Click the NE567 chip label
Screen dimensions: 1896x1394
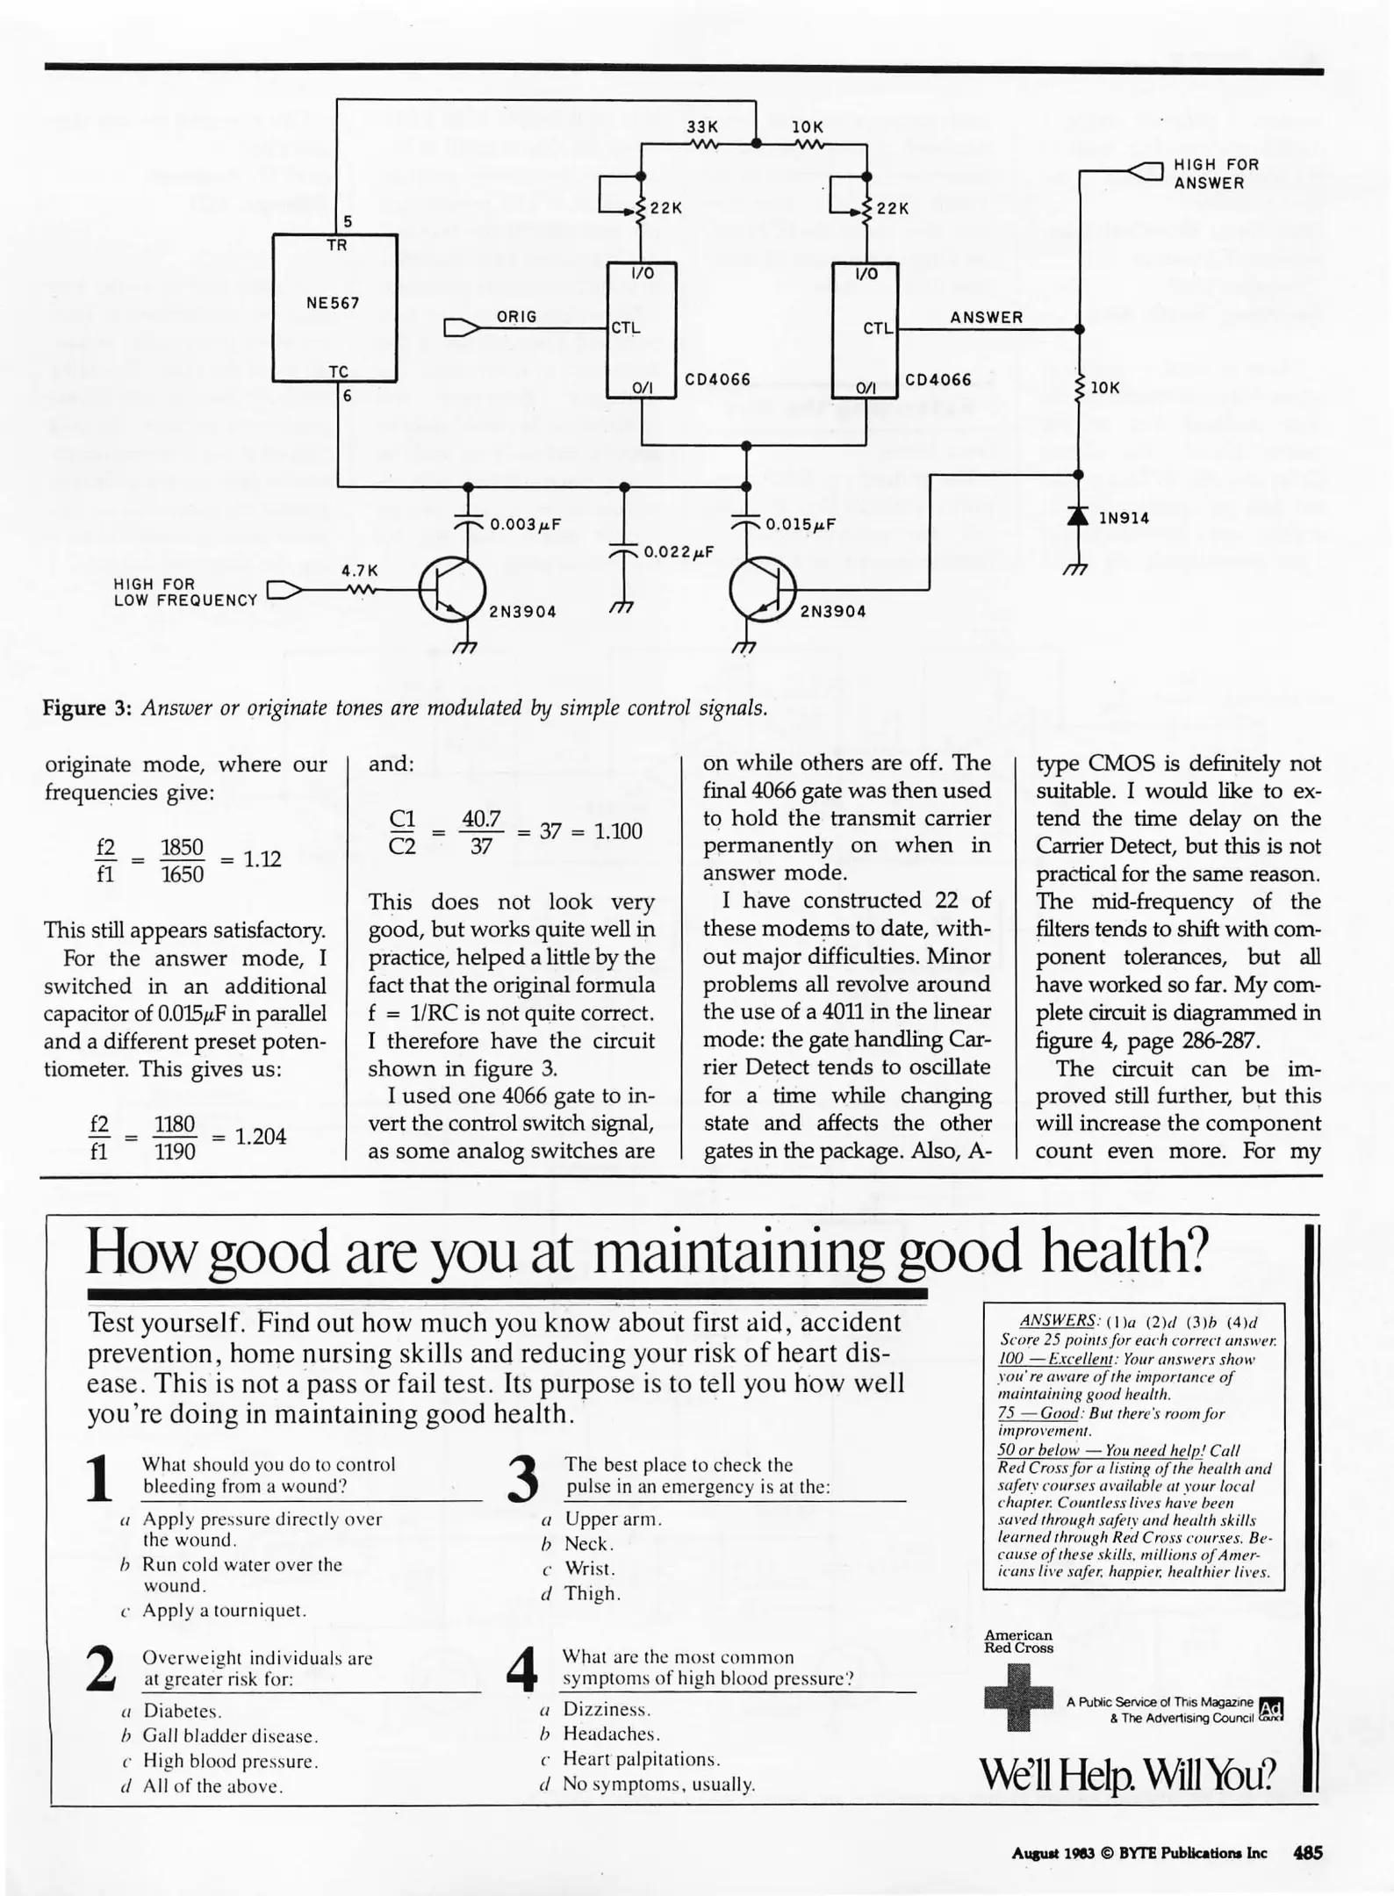333,304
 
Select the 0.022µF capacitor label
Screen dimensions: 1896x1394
678,552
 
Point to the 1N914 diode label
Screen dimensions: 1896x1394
1124,518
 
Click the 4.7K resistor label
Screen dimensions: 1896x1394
360,571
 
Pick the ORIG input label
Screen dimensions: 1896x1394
516,317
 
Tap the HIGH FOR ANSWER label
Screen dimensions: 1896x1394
1216,174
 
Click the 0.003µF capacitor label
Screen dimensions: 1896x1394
525,525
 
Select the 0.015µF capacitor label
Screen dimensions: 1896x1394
800,525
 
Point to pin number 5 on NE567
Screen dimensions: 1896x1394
348,221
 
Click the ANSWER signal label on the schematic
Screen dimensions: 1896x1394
986,318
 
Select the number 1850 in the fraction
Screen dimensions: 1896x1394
182,847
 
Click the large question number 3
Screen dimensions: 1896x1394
523,1478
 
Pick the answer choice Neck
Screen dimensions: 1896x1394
588,1544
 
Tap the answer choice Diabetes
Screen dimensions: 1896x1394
182,1711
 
